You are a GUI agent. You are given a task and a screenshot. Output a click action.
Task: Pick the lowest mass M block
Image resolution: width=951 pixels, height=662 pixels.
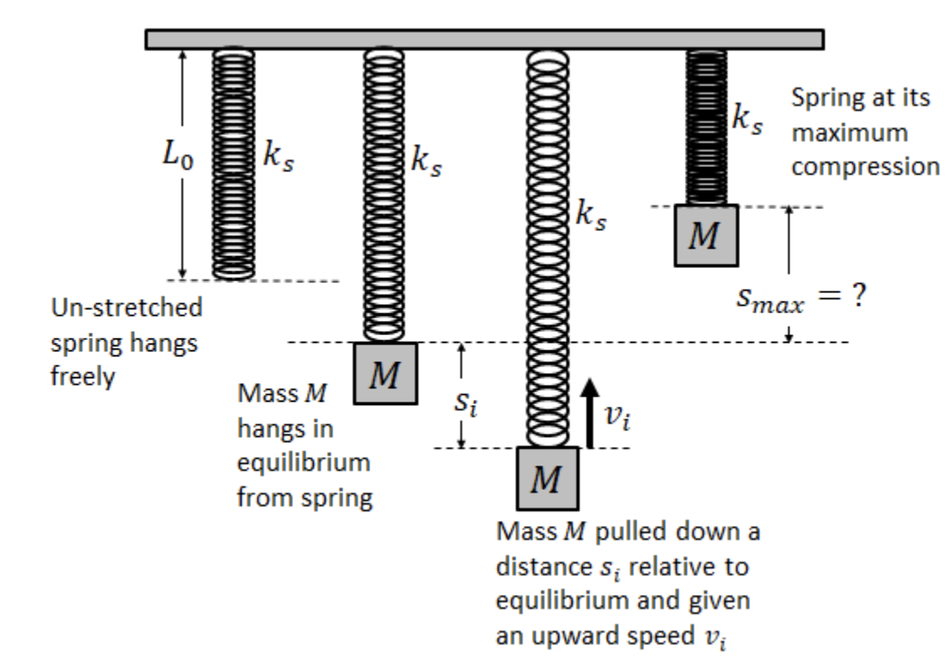click(x=548, y=479)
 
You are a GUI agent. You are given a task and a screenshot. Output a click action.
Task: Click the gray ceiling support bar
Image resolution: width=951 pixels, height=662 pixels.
click(x=484, y=39)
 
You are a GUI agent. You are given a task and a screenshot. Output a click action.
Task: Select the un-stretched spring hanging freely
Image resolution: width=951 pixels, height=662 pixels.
click(x=233, y=163)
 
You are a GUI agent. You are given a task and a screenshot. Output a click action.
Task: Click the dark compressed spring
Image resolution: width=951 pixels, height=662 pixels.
click(x=707, y=126)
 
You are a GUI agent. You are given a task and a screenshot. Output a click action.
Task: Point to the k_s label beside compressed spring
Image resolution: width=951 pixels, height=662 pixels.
click(x=747, y=119)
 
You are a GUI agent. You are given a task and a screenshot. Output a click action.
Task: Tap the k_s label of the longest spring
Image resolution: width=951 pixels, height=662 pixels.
click(x=591, y=218)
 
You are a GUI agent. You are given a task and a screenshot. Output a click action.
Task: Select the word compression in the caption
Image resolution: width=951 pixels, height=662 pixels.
click(x=865, y=166)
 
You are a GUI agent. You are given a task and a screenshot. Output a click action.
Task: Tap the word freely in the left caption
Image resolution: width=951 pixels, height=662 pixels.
click(x=81, y=378)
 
